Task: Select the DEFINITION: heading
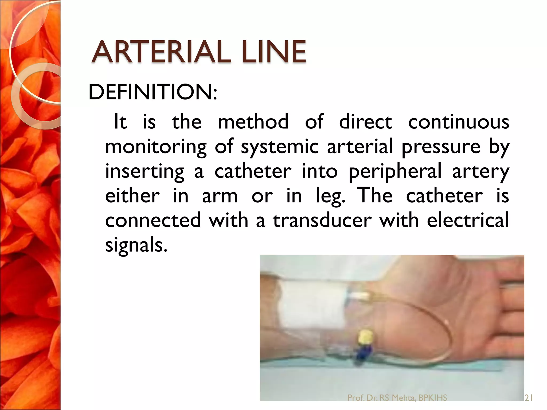coord(153,92)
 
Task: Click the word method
coord(253,122)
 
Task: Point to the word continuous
coord(459,122)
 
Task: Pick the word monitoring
coord(156,147)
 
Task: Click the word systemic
coord(280,147)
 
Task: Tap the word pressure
coord(441,147)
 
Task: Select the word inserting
coord(144,172)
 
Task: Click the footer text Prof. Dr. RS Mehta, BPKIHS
coord(397,398)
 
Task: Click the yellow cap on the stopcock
coord(365,336)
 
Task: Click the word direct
coord(365,122)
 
